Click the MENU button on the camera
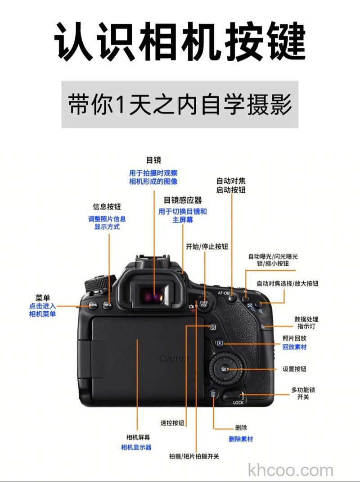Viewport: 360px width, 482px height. (93, 305)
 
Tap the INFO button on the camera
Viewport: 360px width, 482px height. (107, 305)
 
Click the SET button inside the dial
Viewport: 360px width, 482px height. (225, 369)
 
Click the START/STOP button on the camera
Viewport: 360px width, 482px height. (203, 304)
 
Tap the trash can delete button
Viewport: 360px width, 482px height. (213, 394)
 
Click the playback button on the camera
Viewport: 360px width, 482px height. (220, 343)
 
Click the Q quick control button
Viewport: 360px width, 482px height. (213, 327)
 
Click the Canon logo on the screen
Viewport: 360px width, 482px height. (175, 359)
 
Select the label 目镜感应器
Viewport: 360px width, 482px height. (183, 200)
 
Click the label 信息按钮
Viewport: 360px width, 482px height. (107, 207)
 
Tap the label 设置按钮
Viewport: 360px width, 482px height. (294, 369)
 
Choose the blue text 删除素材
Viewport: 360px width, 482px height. (241, 439)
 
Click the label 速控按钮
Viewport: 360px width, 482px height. (172, 423)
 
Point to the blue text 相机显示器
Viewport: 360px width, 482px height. (136, 447)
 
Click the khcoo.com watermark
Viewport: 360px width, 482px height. (291, 471)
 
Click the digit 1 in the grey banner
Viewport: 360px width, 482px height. (120, 105)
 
